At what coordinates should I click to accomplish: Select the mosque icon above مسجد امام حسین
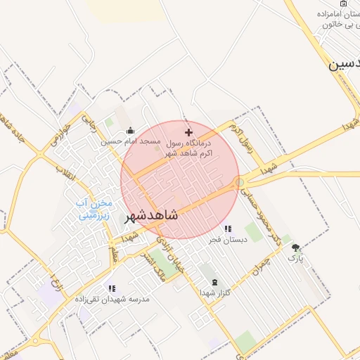(x=130, y=131)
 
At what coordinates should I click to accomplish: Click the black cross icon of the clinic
(x=188, y=132)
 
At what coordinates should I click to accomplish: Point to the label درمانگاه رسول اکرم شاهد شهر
(x=190, y=147)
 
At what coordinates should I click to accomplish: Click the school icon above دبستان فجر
(x=226, y=229)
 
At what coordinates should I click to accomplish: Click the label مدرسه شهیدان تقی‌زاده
(x=112, y=299)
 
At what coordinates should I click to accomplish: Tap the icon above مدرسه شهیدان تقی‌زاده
(x=111, y=288)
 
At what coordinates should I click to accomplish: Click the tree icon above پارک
(x=295, y=247)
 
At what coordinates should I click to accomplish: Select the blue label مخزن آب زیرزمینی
(x=93, y=210)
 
